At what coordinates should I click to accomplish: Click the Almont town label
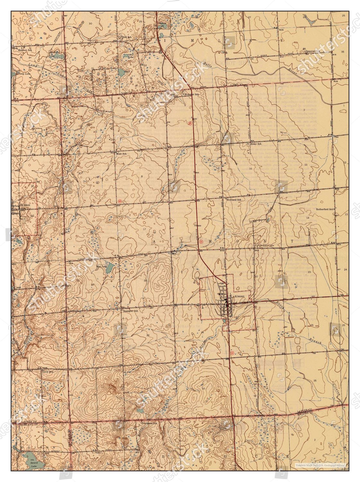[240, 295]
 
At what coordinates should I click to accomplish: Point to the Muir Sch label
[121, 154]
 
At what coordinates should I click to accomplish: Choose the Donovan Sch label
[313, 51]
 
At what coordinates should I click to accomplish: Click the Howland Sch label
[234, 200]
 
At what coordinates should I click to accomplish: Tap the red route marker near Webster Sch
[190, 123]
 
